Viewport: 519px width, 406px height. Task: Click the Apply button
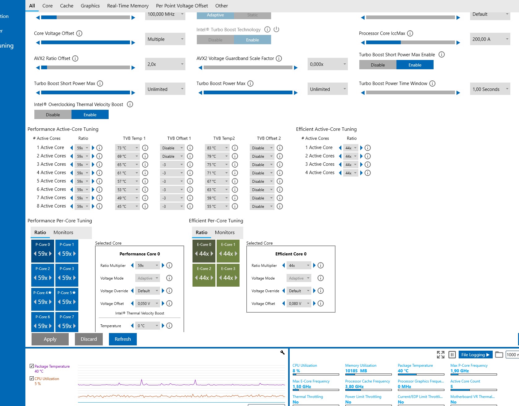[50, 339]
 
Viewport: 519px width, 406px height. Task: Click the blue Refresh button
[123, 339]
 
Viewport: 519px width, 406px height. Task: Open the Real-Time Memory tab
[128, 6]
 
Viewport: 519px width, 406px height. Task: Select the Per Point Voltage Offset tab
[182, 6]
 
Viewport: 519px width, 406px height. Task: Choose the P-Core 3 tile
[67, 275]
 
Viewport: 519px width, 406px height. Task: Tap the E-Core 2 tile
[204, 275]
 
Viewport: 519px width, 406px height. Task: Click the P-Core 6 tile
[43, 323]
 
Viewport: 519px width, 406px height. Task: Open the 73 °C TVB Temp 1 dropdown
[127, 148]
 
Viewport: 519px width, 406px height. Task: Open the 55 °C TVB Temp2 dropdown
[217, 207]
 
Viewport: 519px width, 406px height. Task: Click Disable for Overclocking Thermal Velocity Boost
[53, 115]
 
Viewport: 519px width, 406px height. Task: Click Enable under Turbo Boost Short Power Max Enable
[415, 65]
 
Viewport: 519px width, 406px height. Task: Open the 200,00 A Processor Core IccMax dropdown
[490, 39]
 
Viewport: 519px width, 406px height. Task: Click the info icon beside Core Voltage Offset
[79, 33]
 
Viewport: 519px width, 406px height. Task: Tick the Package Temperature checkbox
[32, 366]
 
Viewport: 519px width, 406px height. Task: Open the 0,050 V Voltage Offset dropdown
[148, 304]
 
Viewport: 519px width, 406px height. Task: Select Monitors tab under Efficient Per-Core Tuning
[225, 233]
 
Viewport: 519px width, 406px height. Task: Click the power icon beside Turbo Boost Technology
[276, 29]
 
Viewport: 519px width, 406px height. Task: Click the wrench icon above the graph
[282, 353]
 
